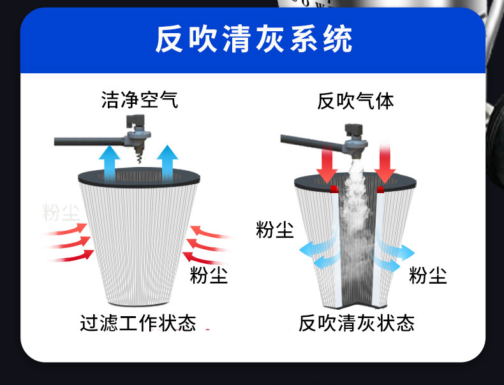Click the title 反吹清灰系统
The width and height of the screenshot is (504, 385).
pos(253,40)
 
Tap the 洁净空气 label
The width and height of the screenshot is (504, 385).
pos(140,100)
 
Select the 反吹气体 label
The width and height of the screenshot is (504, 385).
pos(355,101)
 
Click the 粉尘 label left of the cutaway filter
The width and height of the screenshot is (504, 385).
pos(274,229)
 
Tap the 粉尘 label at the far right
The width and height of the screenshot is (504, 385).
pos(427,275)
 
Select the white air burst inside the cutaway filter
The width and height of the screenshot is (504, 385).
pos(355,210)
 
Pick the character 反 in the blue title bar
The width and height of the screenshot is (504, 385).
pos(169,40)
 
